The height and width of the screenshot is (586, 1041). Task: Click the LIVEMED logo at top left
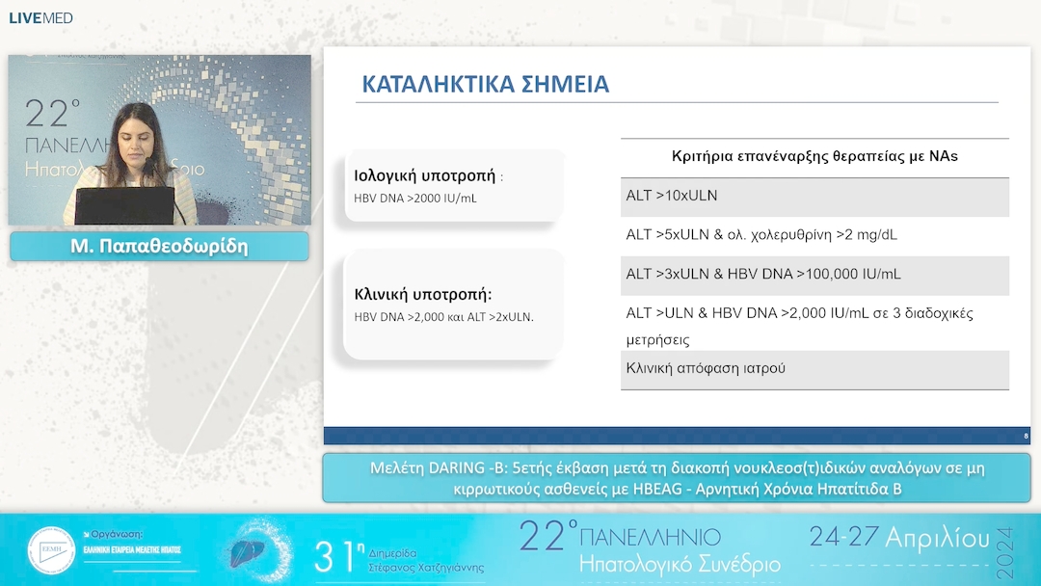pos(40,18)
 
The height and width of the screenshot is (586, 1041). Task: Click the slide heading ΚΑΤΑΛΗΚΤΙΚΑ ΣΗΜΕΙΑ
pos(485,84)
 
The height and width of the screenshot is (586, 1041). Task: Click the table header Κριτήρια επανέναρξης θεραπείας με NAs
pos(814,156)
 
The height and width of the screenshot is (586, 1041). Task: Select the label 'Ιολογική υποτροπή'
pos(425,176)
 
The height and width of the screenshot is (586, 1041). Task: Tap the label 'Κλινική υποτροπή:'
pos(422,295)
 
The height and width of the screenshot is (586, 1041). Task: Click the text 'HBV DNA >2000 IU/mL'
pos(415,199)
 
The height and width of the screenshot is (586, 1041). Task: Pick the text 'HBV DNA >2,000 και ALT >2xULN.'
pos(443,317)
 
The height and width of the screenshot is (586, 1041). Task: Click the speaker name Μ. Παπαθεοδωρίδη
pos(159,247)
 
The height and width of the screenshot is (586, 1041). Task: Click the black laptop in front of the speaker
pos(124,205)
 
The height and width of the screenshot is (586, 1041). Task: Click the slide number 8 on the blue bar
pos(1026,437)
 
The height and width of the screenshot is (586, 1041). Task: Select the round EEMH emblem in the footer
pos(51,551)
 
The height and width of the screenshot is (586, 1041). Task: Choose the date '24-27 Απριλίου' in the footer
pos(899,537)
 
